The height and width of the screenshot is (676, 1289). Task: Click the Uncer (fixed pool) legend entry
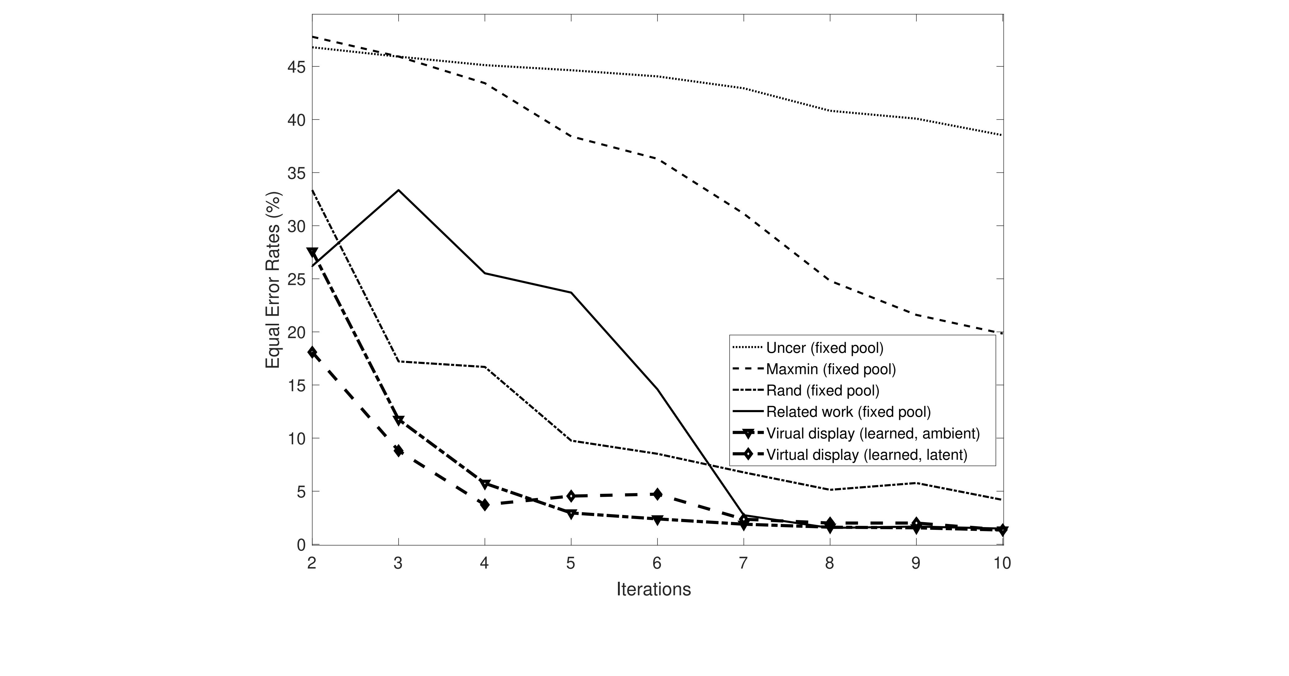click(825, 348)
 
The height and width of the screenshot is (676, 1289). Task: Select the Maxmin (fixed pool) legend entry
click(830, 369)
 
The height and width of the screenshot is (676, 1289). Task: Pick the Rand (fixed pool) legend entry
click(823, 390)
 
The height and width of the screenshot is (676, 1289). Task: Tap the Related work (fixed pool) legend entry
click(848, 412)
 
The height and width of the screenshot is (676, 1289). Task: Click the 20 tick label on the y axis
click(296, 332)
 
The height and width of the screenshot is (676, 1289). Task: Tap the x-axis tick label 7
click(743, 564)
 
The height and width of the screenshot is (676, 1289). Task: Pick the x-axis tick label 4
click(484, 564)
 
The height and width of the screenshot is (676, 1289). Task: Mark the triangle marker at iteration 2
click(312, 253)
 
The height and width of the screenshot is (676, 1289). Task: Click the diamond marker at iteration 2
click(312, 352)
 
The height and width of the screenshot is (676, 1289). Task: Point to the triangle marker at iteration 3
click(398, 420)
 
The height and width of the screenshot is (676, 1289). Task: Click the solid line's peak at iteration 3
click(398, 190)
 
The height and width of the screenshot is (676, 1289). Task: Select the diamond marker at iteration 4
click(484, 505)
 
